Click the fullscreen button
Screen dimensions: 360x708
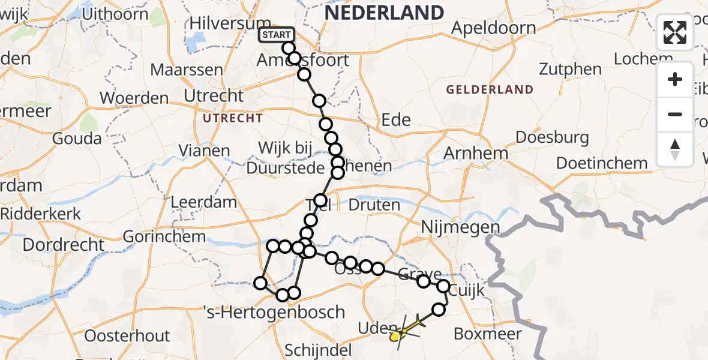[x=675, y=32]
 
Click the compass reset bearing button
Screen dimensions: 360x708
[x=675, y=149]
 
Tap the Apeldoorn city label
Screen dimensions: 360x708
[x=493, y=28]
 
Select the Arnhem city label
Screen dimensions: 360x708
[x=475, y=154]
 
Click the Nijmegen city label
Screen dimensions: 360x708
[x=460, y=227]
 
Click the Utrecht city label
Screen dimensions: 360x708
[x=214, y=95]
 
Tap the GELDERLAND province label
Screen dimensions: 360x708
[x=490, y=90]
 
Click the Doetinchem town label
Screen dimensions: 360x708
[x=602, y=163]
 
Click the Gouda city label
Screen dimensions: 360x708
[x=77, y=139]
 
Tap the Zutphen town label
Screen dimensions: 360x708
[x=570, y=69]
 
